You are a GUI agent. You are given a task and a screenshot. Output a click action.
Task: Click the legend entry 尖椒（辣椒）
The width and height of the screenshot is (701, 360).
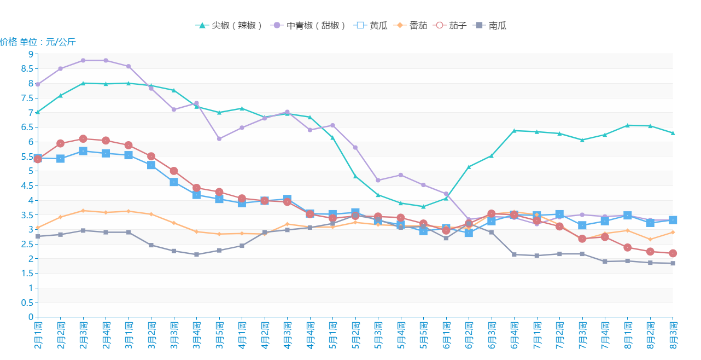[230, 25]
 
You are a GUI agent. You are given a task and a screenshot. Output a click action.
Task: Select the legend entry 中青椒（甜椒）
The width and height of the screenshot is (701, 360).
[309, 25]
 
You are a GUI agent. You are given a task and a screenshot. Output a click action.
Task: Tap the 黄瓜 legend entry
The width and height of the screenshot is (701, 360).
[371, 25]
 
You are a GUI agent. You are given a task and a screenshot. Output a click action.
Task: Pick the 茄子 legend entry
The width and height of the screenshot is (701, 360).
[451, 25]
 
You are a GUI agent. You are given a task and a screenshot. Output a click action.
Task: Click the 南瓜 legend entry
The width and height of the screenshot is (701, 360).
[492, 25]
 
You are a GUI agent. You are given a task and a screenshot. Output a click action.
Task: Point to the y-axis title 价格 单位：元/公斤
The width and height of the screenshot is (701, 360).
[38, 42]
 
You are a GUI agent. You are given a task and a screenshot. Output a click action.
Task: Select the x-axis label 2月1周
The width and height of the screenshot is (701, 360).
[38, 335]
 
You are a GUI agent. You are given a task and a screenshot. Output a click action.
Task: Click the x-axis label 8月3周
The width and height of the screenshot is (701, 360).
[673, 335]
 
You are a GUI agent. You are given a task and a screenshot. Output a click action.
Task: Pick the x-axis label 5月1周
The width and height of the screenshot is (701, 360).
[332, 335]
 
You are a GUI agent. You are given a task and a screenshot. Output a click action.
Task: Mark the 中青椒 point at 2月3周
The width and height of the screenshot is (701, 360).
[83, 60]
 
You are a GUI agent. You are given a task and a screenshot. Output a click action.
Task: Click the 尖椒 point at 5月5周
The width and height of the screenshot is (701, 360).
[423, 207]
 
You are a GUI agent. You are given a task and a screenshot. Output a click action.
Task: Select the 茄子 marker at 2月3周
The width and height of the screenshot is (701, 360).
[83, 139]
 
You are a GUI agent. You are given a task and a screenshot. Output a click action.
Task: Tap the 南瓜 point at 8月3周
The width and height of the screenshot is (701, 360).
[673, 263]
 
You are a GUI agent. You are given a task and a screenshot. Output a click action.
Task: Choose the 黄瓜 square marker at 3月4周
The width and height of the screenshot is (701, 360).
[196, 195]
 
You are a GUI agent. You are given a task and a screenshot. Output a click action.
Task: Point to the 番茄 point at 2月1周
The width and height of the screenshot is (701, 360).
[38, 228]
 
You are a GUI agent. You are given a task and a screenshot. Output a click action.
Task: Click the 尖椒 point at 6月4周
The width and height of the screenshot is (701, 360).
[514, 131]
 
